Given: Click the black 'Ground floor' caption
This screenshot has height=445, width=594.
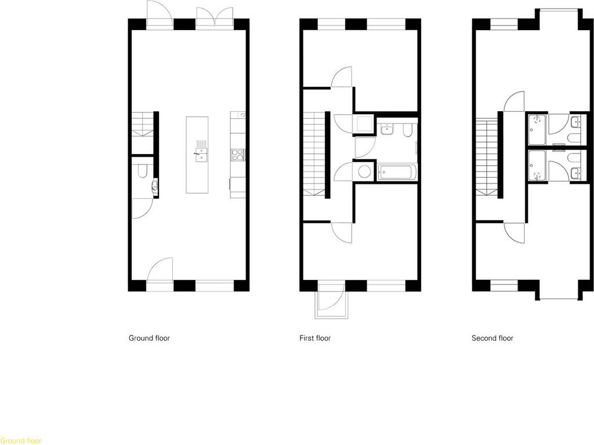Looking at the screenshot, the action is (149, 338).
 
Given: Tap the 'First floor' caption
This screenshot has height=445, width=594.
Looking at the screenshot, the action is (315, 338).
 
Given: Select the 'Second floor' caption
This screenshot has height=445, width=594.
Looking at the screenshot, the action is (492, 338).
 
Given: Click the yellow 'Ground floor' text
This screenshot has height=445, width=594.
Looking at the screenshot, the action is (21, 441).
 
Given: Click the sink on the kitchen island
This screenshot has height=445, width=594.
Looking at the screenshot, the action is (201, 155).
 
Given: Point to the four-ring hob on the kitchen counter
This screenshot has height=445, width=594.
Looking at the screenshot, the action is (237, 155).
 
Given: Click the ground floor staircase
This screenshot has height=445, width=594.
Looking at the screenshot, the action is (143, 124).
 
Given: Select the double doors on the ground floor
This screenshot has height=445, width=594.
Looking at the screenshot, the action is (215, 18).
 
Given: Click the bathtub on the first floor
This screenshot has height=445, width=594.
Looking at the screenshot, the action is (397, 172).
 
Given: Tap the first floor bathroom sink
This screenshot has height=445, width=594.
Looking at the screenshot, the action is (387, 129).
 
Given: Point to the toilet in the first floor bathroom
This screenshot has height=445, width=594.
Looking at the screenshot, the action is (408, 130).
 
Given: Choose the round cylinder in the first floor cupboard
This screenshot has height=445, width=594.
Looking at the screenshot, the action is (365, 172).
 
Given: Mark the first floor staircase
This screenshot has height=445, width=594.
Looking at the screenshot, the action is (314, 154).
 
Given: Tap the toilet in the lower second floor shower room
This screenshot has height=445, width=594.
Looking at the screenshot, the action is (574, 157).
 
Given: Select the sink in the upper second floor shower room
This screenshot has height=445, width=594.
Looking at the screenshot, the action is (575, 122).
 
